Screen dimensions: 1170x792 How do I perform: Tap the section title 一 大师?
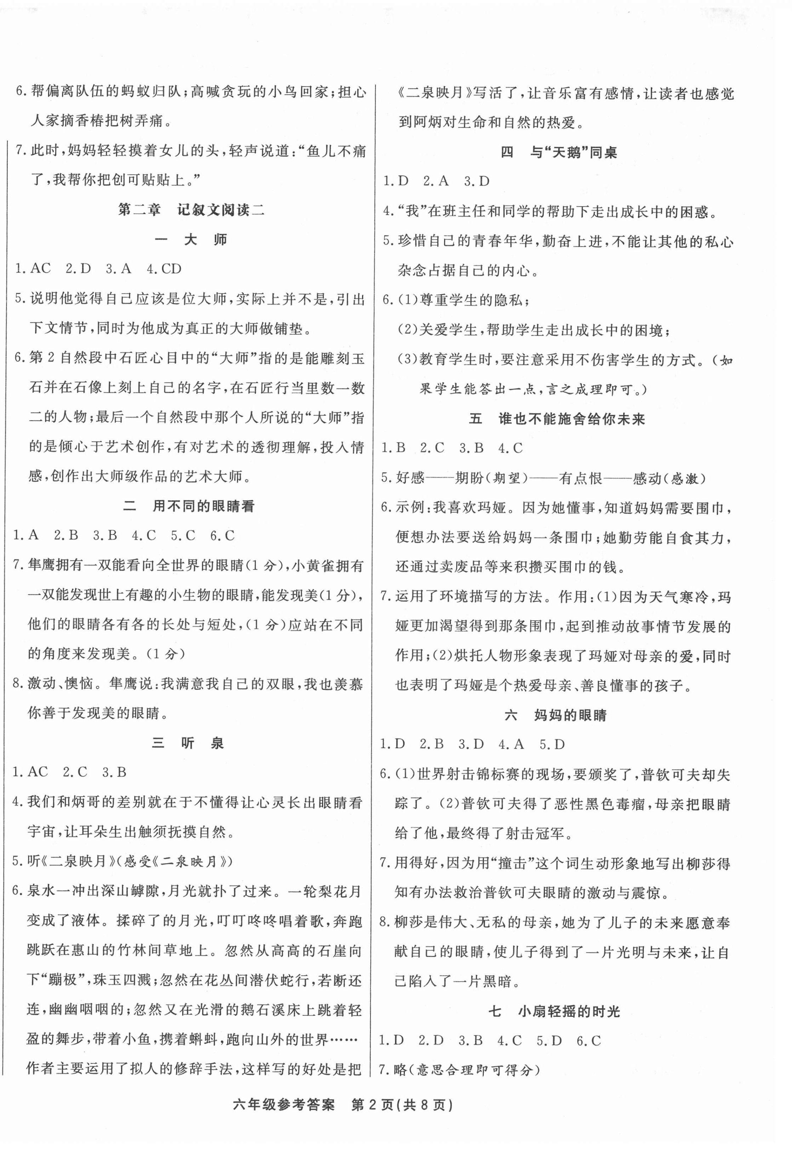click(191, 239)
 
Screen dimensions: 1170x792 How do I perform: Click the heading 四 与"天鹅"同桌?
click(559, 152)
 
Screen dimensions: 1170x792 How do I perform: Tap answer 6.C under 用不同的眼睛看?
click(222, 535)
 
